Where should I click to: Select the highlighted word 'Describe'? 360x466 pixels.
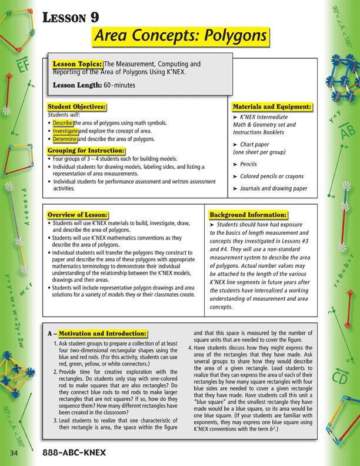[62, 124]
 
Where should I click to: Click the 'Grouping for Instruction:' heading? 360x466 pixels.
[86, 151]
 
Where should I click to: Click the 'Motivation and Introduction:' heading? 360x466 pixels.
[102, 334]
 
